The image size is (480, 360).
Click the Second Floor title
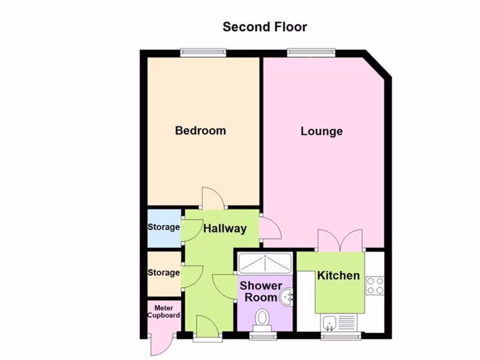coord(265,27)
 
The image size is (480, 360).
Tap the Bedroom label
coord(200,130)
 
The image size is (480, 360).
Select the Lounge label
coord(322,131)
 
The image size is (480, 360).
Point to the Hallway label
coord(225,229)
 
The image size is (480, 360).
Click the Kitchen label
coord(338,276)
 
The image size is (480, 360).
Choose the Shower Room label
coord(261,291)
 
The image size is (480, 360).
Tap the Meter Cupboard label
coord(164,312)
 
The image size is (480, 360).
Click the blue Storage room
coord(164,228)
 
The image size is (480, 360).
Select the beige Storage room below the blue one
coord(164,273)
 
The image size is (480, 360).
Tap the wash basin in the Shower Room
coord(287,296)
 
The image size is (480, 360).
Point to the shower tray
coord(265,263)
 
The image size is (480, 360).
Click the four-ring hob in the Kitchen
coord(375,285)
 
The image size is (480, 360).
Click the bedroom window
coord(203,52)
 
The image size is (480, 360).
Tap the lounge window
coord(311,52)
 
